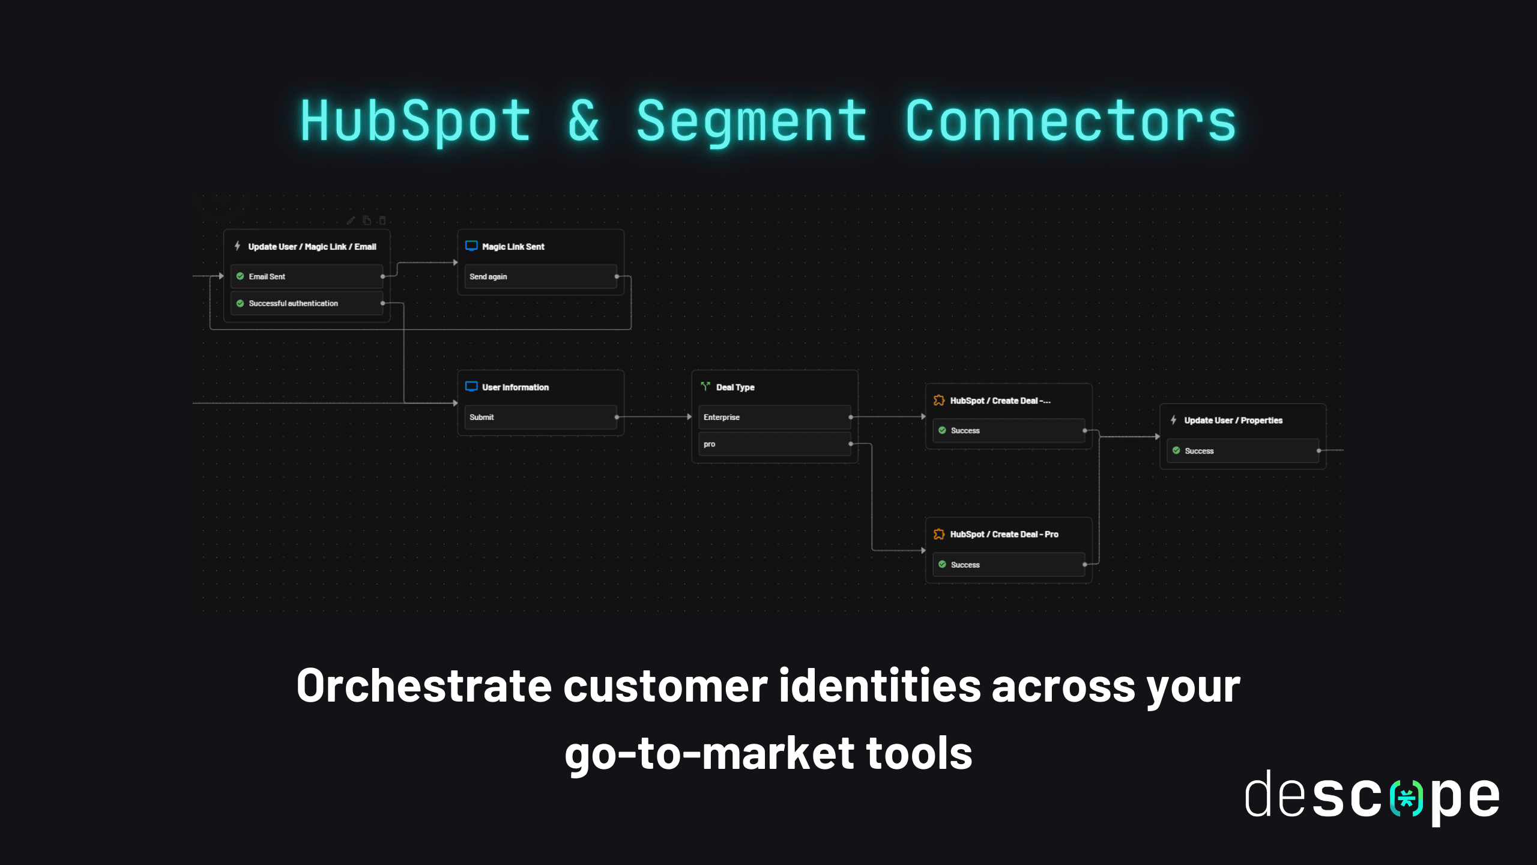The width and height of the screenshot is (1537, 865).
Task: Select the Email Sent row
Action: point(307,276)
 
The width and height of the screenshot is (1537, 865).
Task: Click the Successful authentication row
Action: point(307,303)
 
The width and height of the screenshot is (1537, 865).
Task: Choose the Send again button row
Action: point(540,276)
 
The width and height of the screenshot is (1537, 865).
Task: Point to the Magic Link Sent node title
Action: point(513,247)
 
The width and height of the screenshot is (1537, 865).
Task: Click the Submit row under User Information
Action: point(540,417)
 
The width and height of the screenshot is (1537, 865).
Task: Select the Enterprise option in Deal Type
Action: point(775,417)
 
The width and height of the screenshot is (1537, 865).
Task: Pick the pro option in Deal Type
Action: point(775,444)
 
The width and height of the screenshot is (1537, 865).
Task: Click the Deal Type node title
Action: point(735,387)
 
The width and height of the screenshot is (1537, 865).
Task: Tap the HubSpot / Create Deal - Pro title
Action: point(1004,534)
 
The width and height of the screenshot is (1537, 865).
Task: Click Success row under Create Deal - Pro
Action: point(1009,565)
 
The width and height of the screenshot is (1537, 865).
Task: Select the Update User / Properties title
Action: point(1233,420)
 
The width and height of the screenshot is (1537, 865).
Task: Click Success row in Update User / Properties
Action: point(1243,451)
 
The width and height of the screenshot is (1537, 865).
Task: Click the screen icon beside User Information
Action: point(471,387)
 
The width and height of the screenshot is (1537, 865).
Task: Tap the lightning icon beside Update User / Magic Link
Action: point(238,246)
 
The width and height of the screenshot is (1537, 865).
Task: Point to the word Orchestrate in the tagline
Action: point(424,686)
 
